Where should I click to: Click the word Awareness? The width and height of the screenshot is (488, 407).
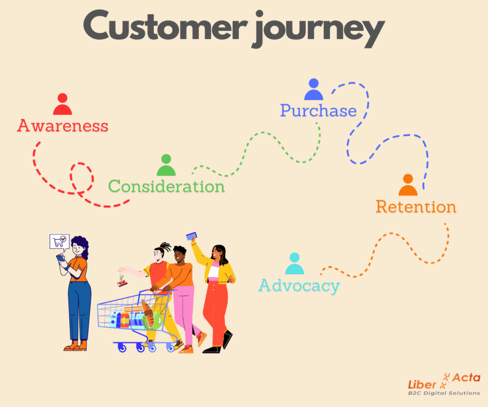pos(62,125)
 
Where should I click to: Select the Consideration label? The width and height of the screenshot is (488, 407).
pos(166,187)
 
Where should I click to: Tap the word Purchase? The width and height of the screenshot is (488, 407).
pos(318,111)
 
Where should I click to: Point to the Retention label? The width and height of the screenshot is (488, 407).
pos(416,207)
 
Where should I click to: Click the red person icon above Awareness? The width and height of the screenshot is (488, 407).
pos(62,104)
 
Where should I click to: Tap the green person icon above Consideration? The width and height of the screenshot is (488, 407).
pos(166,165)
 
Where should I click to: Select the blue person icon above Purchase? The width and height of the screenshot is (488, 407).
pos(314,89)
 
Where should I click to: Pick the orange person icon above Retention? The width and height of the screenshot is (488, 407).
pos(408,185)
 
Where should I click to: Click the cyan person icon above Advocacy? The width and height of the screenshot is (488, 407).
pos(295,263)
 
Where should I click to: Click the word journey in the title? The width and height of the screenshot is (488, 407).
pos(319,30)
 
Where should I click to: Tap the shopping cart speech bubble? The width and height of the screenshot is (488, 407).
pos(60,242)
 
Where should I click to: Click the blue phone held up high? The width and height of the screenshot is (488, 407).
pos(192,236)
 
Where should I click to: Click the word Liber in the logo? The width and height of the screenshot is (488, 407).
pos(422,385)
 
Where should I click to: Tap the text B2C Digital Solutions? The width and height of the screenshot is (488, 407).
pos(444,393)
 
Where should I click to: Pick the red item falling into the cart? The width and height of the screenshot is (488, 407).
pos(122,283)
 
